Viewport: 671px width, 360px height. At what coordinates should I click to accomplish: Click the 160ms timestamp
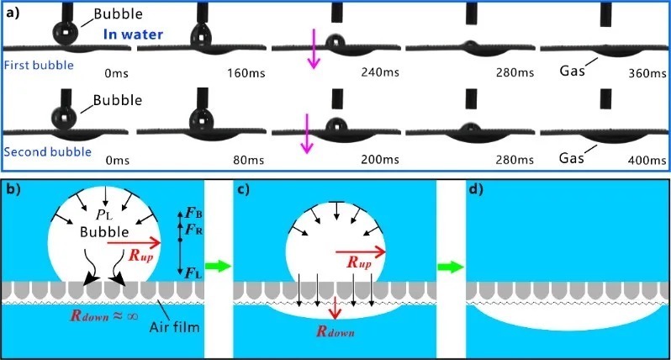click(x=247, y=73)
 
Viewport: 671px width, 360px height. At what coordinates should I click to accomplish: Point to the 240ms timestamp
click(x=381, y=73)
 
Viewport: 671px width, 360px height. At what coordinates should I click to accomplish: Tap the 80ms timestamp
click(x=250, y=160)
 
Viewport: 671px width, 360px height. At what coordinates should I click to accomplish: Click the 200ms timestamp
click(x=381, y=160)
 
